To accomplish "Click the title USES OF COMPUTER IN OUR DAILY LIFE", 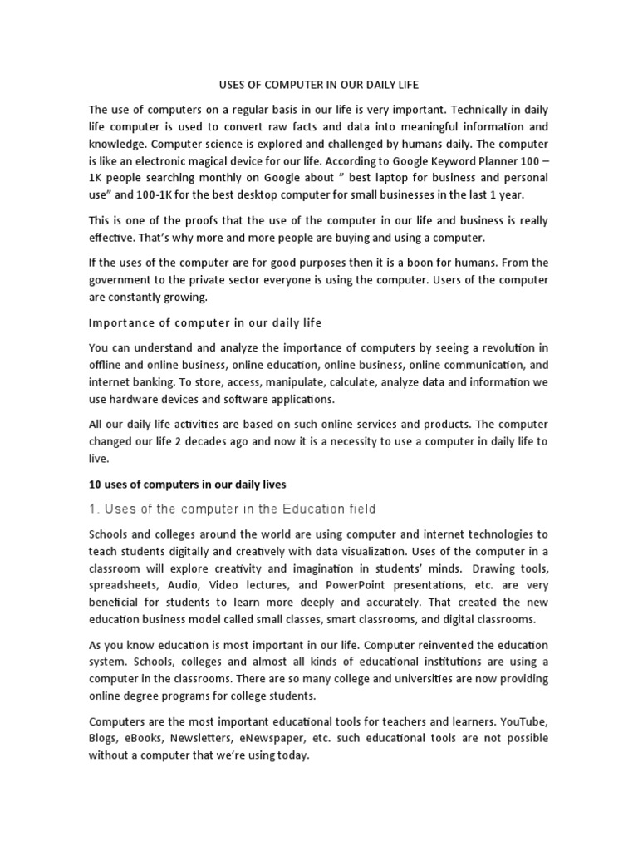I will (318, 84).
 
